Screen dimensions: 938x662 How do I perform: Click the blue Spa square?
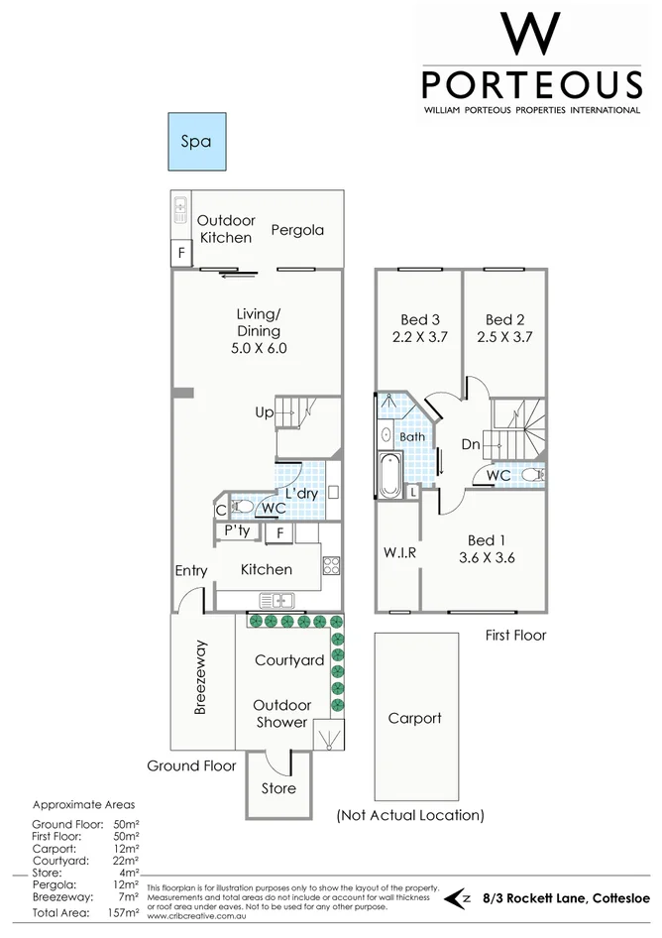[195, 142]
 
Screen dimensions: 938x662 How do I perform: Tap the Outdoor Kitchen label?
[226, 229]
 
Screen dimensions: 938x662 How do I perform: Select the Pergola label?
[297, 230]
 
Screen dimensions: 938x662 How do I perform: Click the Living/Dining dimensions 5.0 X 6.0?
[259, 349]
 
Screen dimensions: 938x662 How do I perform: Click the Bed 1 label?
[486, 539]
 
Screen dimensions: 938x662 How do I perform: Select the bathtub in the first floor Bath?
[386, 474]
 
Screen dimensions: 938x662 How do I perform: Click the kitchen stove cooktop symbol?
[331, 567]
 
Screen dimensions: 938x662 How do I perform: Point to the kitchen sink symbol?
[276, 600]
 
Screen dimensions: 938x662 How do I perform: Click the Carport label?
[414, 718]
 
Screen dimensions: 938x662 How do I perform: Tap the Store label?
[278, 788]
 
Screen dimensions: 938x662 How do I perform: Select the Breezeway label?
[200, 677]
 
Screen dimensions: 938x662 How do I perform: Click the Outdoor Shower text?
[282, 713]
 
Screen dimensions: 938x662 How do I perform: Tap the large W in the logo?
[531, 35]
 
